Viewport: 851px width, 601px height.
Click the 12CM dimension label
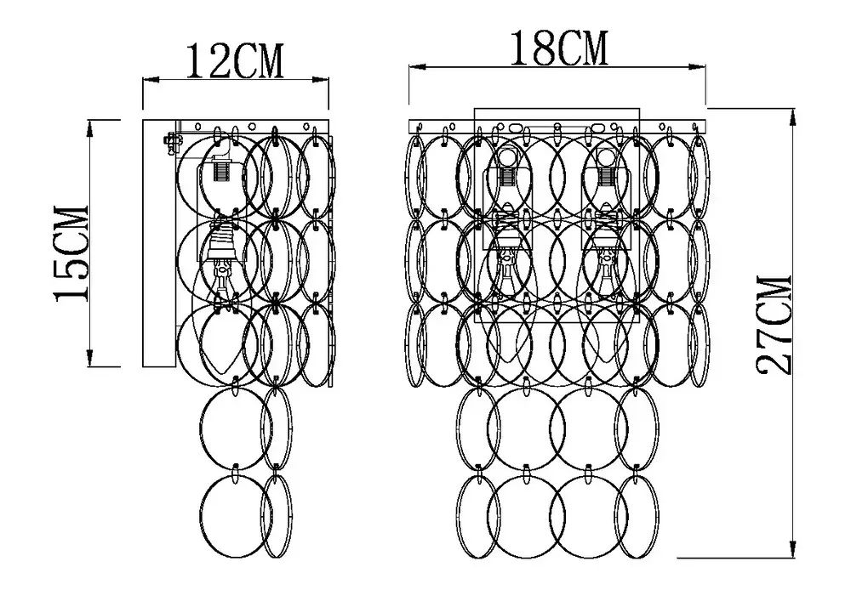click(x=235, y=61)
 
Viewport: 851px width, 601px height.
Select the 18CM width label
click(x=558, y=48)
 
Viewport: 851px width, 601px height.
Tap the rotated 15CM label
click(x=72, y=253)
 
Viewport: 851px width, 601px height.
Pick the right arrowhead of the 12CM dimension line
click(x=322, y=80)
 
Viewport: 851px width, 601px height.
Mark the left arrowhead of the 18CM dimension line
click(x=417, y=67)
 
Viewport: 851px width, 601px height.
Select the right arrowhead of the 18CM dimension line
click(x=697, y=67)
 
